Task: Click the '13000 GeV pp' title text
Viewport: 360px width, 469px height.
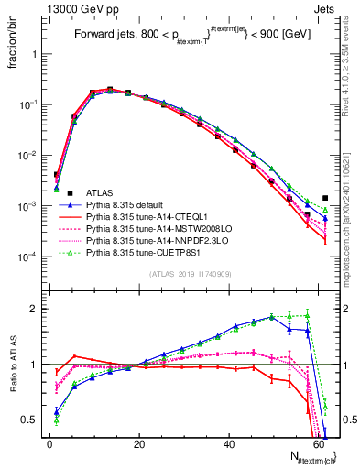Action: (x=72, y=7)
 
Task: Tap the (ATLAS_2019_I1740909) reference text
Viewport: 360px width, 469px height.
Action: (x=188, y=274)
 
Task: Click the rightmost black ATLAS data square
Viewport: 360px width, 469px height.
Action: (x=325, y=197)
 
